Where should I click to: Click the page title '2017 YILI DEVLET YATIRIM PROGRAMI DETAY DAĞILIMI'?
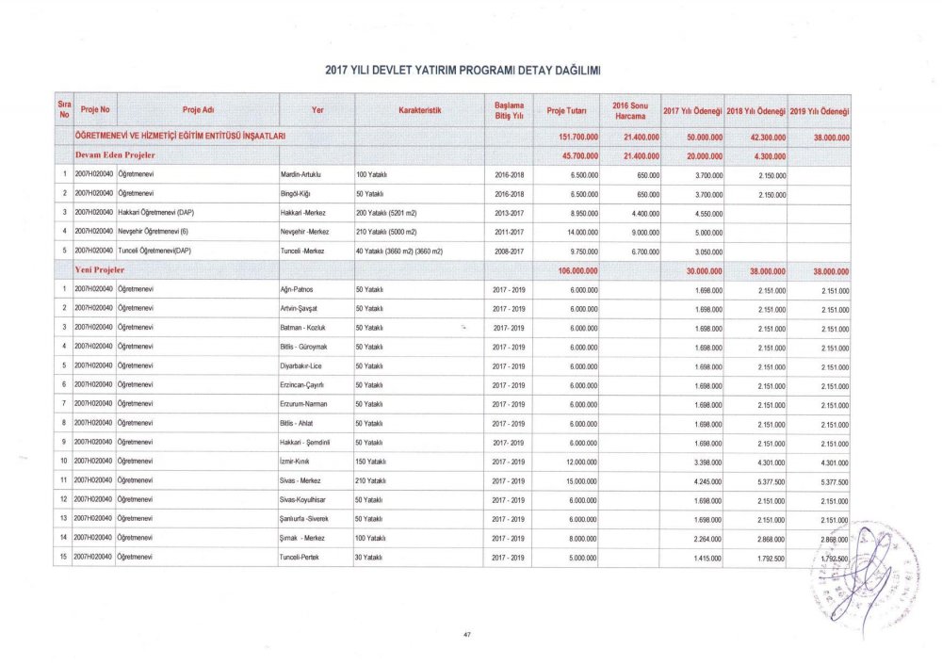pos(463,70)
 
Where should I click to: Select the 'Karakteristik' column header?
pos(420,111)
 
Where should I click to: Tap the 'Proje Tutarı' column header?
pos(568,111)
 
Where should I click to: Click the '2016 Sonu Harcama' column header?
pos(628,111)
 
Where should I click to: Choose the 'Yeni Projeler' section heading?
pos(101,270)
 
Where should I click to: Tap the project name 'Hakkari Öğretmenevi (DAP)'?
pos(154,213)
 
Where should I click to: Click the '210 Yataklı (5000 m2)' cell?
pos(388,232)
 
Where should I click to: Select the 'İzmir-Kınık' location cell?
pos(296,462)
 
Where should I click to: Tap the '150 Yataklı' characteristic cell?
pos(374,462)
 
